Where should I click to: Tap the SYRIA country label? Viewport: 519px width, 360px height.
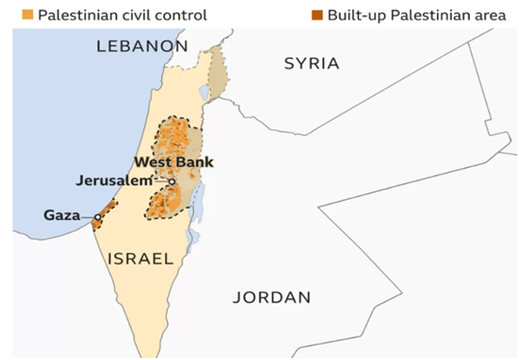pos(312,64)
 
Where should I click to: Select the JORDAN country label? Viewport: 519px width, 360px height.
pos(272,296)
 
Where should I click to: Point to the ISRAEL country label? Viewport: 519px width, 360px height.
pos(140,259)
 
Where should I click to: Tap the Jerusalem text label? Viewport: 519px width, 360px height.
pos(114,180)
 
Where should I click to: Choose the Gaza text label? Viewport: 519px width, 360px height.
pos(61,214)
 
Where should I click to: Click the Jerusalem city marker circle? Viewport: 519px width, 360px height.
pos(172,181)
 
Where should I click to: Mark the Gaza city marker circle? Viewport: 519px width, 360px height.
pos(97,216)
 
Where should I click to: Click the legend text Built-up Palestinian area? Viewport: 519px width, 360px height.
pos(417,14)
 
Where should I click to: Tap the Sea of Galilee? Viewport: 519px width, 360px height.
pos(204,94)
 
